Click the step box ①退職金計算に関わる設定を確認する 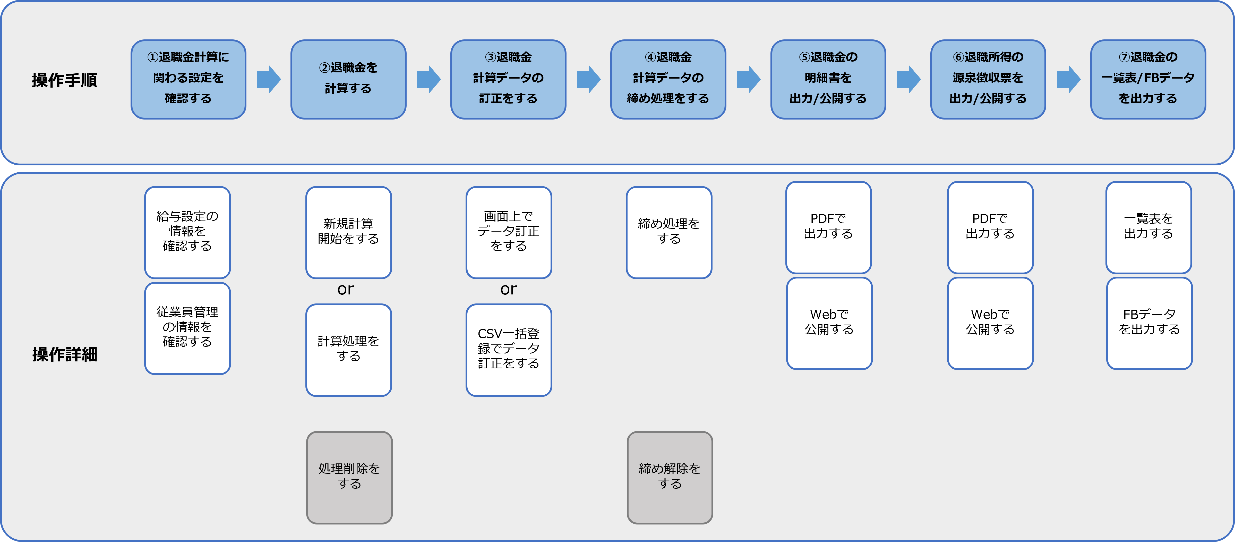tap(188, 79)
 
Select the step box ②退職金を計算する tap(348, 79)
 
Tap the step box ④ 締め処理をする tap(668, 79)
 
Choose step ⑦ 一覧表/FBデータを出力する tap(1148, 79)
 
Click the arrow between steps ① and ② tap(269, 79)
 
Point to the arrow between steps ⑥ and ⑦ tap(1068, 79)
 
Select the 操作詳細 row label tap(65, 354)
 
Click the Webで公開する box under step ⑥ tap(990, 323)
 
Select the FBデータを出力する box tap(1149, 323)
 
